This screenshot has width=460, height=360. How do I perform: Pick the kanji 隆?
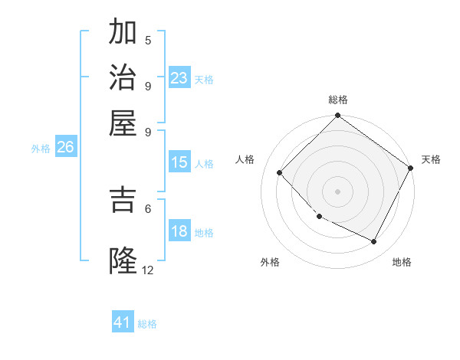click(123, 260)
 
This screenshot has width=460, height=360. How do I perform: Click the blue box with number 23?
click(179, 78)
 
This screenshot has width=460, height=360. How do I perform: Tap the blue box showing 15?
click(179, 162)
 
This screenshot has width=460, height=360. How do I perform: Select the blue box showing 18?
click(179, 231)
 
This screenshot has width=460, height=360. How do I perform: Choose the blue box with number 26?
click(66, 147)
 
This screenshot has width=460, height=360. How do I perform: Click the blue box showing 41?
click(123, 322)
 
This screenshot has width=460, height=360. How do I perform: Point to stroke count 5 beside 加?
click(148, 40)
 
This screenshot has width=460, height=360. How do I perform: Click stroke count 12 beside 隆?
click(148, 270)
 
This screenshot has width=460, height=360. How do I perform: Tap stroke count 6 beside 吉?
click(148, 208)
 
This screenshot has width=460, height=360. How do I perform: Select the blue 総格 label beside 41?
click(147, 324)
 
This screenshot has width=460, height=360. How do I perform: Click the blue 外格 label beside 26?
click(41, 149)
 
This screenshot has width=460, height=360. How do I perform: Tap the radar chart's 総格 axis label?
click(337, 100)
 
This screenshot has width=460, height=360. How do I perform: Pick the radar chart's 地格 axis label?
click(402, 262)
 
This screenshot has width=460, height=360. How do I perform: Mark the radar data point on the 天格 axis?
click(410, 168)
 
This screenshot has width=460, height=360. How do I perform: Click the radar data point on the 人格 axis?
click(280, 172)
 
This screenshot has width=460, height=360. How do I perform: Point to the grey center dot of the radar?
click(337, 191)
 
